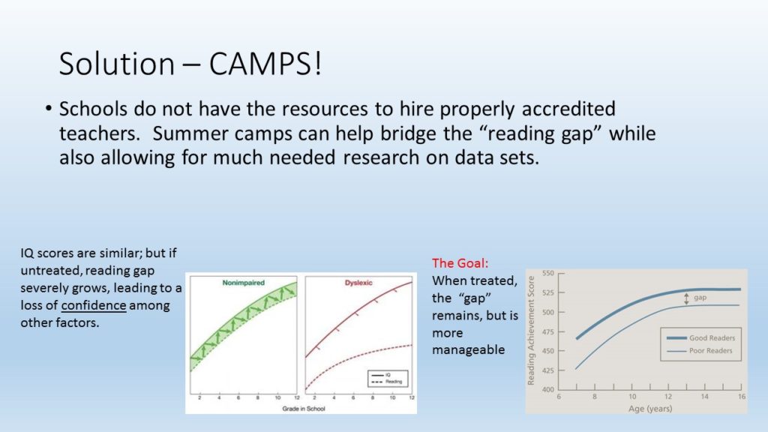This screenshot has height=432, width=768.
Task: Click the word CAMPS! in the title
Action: click(265, 64)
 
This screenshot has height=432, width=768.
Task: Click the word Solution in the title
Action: click(116, 64)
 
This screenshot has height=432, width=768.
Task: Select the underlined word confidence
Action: click(94, 305)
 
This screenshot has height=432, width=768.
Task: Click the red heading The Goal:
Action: click(460, 263)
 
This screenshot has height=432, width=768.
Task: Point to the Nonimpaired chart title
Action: click(244, 283)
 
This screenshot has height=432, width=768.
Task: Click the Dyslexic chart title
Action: click(358, 283)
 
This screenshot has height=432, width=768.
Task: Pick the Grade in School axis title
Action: click(304, 409)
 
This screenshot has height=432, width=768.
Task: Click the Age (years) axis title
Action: click(650, 409)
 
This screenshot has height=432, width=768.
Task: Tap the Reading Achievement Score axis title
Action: click(531, 331)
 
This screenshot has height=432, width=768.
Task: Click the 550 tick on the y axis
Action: click(548, 273)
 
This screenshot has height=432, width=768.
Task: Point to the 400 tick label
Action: click(548, 390)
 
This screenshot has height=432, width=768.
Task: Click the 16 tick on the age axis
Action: click(742, 397)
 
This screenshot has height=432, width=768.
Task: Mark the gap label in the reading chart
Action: click(700, 297)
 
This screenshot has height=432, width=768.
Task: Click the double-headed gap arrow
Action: click(686, 298)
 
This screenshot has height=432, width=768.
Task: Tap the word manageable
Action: click(468, 349)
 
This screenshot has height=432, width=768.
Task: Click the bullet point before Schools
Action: click(48, 108)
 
